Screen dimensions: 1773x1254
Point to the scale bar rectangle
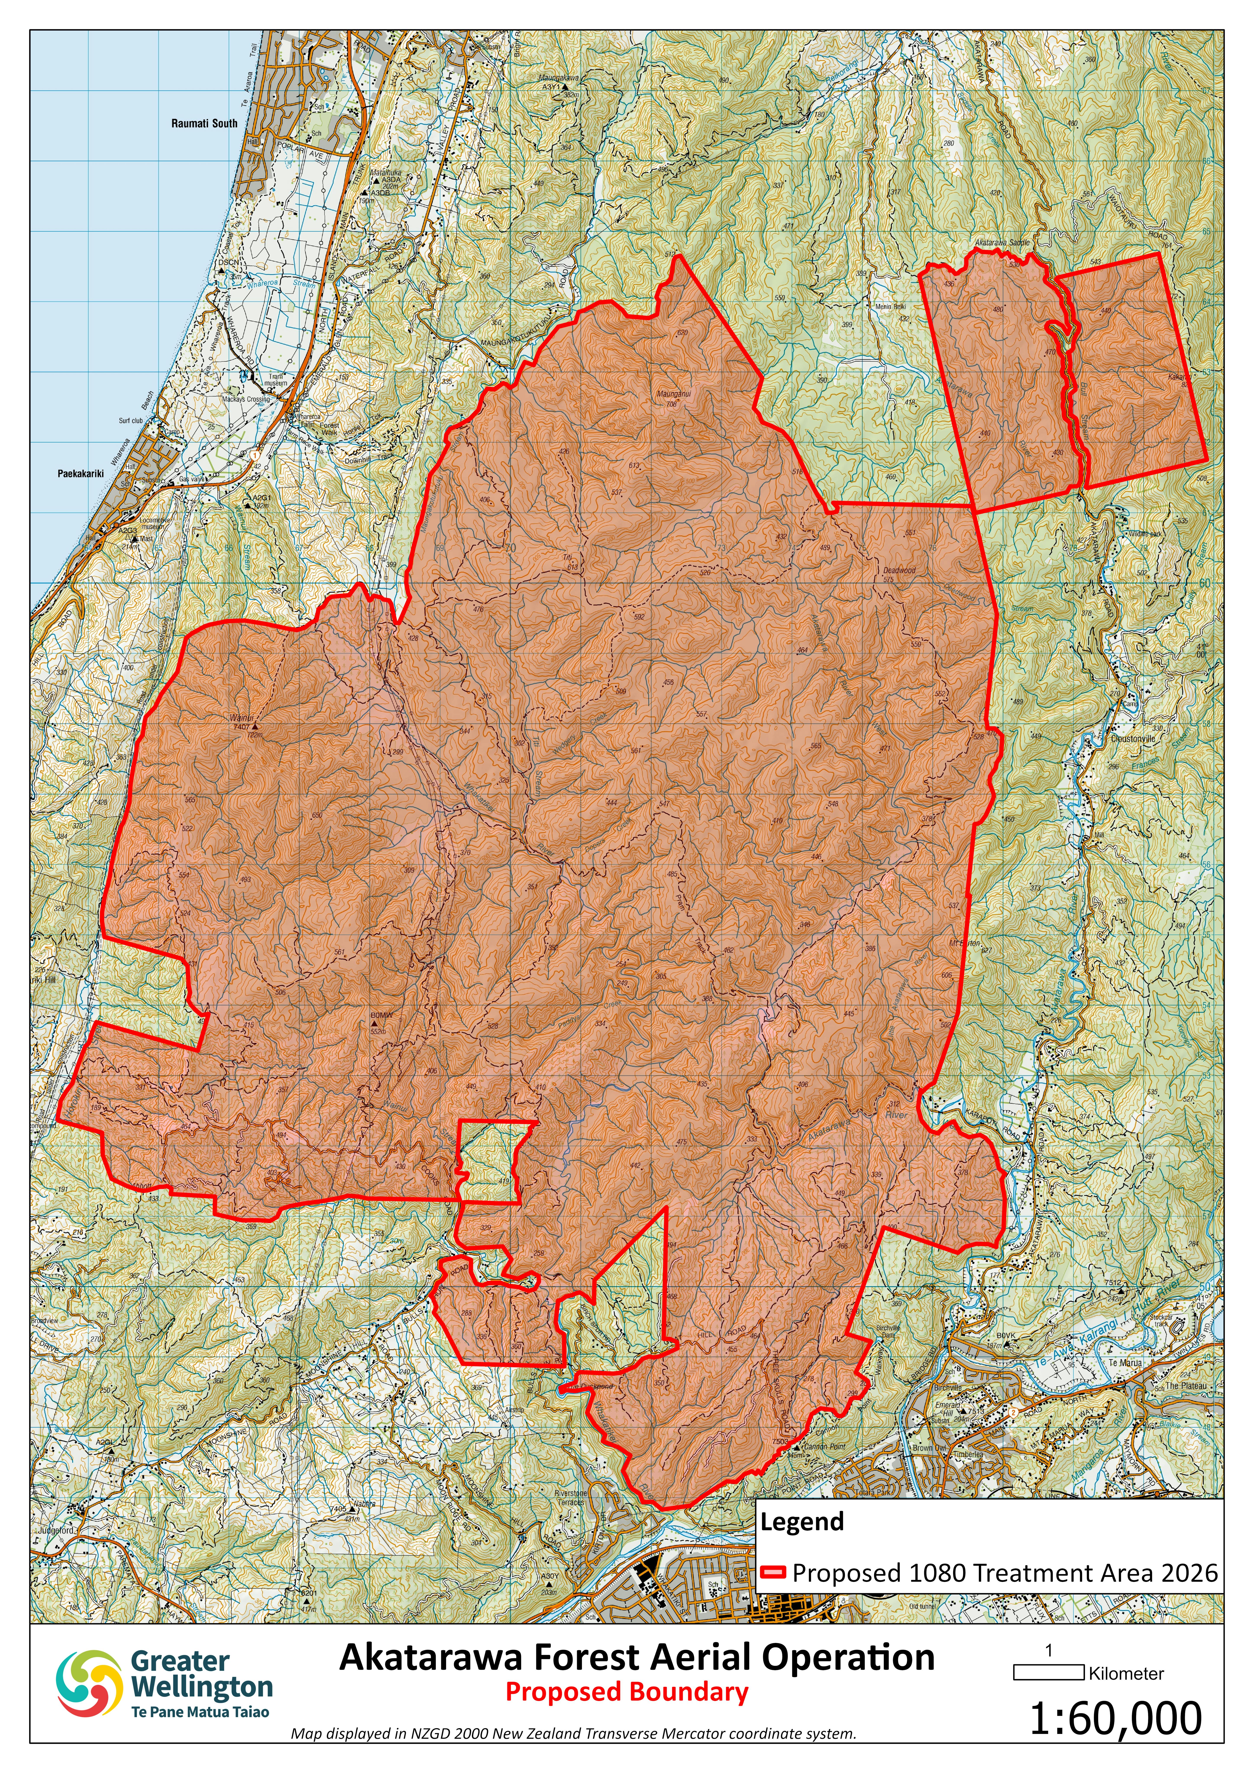click(1049, 1673)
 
